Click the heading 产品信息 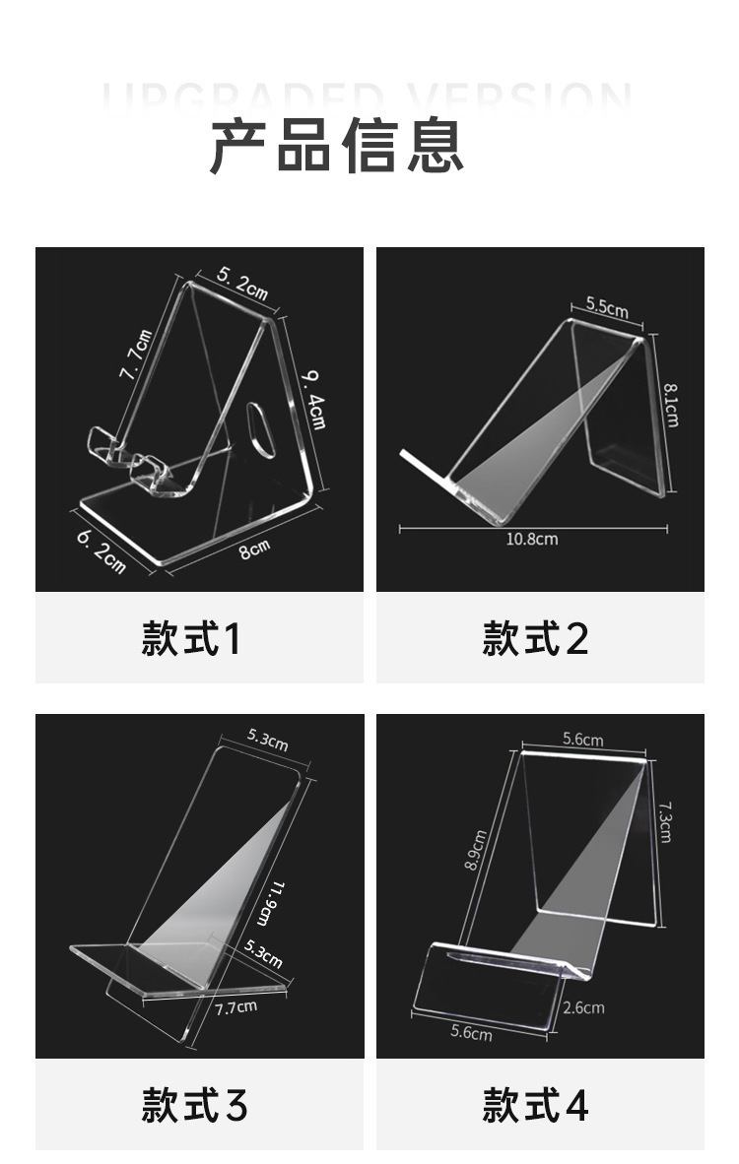click(x=336, y=146)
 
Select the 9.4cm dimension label click(x=313, y=398)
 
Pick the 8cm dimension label click(x=254, y=549)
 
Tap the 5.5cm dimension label click(x=606, y=306)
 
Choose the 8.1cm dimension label click(x=671, y=404)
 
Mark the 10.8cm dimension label click(x=532, y=539)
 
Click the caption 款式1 click(x=191, y=640)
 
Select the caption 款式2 click(x=535, y=640)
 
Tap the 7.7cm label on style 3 click(x=236, y=1006)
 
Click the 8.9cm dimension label click(x=477, y=851)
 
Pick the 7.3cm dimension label click(x=665, y=819)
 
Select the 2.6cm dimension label click(x=584, y=1007)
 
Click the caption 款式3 click(x=194, y=1105)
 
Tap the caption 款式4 click(x=535, y=1105)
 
